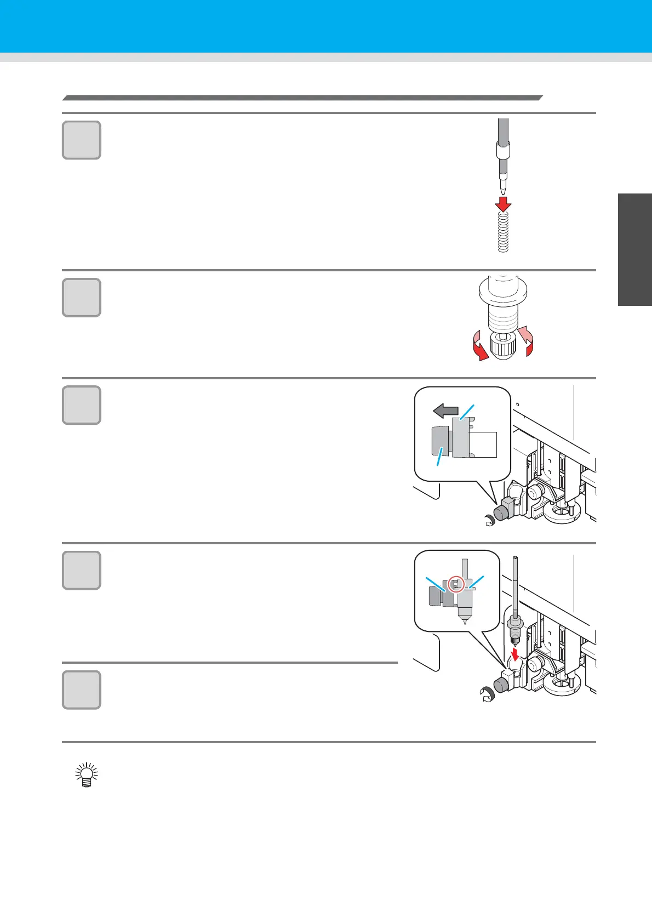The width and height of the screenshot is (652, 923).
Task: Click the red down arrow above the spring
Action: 503,203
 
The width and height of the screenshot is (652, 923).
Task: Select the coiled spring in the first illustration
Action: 503,232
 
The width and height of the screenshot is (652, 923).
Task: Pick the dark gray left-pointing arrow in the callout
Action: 445,411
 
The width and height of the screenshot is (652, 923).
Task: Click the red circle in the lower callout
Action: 456,584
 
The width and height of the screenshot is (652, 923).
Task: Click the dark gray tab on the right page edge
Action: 635,249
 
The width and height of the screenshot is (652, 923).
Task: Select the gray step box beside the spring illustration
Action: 82,140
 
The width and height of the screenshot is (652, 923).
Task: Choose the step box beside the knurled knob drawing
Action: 82,298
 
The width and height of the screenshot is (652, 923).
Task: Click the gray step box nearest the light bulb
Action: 82,690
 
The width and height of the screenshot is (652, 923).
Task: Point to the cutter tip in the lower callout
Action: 464,621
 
